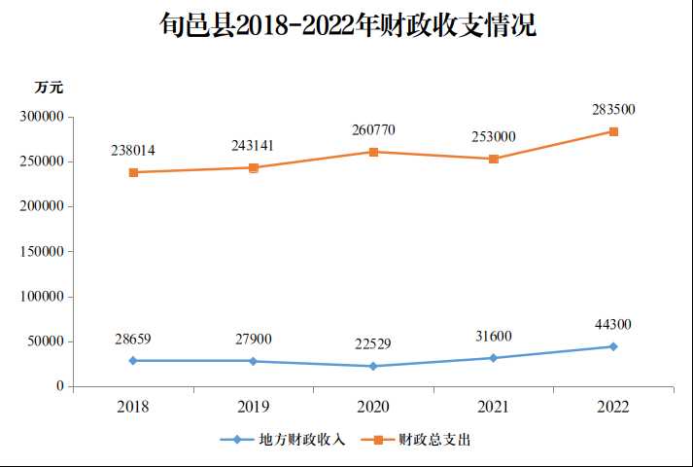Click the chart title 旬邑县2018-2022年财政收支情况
pyautogui.click(x=348, y=25)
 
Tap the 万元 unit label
pyautogui.click(x=49, y=88)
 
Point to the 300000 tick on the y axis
pyautogui.click(x=42, y=117)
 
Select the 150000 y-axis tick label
pyautogui.click(x=42, y=251)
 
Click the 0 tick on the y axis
pyautogui.click(x=59, y=386)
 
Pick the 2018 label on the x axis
pyautogui.click(x=133, y=407)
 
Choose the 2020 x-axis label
pyautogui.click(x=373, y=407)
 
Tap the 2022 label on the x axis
pyautogui.click(x=613, y=407)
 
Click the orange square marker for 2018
pyautogui.click(x=133, y=172)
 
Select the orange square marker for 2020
pyautogui.click(x=373, y=152)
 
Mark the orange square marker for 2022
pyautogui.click(x=613, y=131)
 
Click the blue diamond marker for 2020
pyautogui.click(x=373, y=366)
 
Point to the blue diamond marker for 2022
pyautogui.click(x=613, y=346)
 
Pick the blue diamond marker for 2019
pyautogui.click(x=253, y=361)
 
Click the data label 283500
pyautogui.click(x=613, y=110)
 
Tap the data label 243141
pyautogui.click(x=253, y=146)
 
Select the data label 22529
pyautogui.click(x=373, y=344)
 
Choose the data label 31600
pyautogui.click(x=494, y=337)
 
